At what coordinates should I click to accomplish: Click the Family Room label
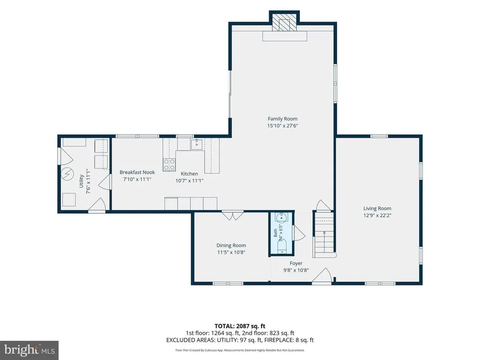(282, 119)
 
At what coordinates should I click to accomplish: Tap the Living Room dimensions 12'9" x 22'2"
(377, 215)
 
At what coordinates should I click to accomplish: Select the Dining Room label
(231, 245)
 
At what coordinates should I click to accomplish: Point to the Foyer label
(296, 263)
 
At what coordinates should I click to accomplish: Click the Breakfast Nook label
(137, 172)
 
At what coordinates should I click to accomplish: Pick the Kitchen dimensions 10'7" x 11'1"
(189, 180)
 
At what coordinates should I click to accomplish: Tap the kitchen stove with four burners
(169, 165)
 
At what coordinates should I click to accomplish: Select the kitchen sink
(196, 144)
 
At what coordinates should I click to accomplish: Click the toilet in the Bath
(281, 246)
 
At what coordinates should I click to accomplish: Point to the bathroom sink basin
(281, 217)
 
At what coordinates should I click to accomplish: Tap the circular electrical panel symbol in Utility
(67, 174)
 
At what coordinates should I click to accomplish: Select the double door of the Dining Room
(232, 216)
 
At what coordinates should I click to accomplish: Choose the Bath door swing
(299, 233)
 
